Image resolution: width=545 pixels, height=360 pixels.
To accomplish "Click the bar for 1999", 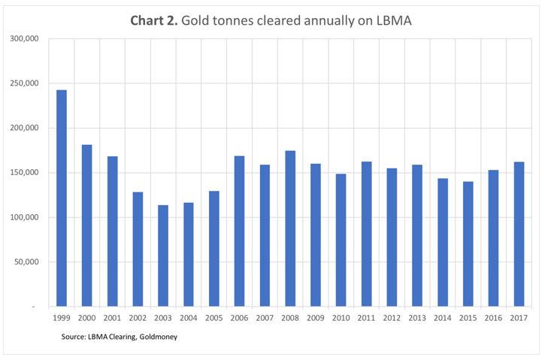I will pos(61,198).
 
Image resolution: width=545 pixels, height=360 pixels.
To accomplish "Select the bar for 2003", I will pos(163,256).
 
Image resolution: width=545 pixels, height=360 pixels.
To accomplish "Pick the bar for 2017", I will pos(519,234).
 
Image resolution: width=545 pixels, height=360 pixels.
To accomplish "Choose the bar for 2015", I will pos(468,244).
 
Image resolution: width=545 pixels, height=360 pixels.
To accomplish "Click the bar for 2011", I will pos(366,234).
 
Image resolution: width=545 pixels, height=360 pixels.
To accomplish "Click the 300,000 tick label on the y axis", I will pos(27,39).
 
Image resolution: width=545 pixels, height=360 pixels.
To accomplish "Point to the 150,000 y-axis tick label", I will pos(27,173).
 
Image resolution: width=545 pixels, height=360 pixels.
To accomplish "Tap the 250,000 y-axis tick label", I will pos(27,83).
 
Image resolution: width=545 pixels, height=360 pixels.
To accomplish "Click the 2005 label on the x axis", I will pos(213,319).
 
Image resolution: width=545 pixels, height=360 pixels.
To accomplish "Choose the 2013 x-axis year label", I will pos(417,319).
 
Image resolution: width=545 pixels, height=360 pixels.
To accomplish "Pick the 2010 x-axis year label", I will pos(341,319).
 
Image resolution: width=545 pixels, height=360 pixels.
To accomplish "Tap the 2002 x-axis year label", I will pos(138,319).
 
